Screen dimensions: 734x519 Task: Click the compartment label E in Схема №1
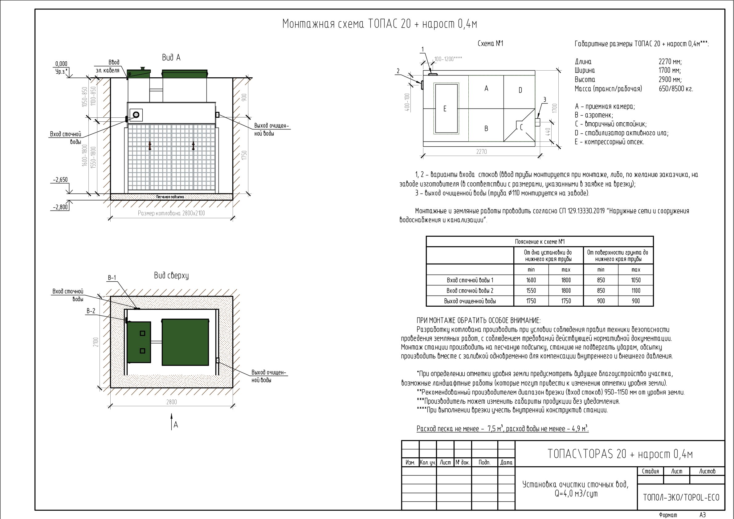click(x=445, y=109)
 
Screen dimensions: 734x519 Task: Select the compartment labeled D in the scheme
click(x=520, y=90)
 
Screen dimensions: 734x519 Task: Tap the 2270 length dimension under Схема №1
click(x=481, y=152)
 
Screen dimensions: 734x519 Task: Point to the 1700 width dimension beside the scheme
click(x=555, y=108)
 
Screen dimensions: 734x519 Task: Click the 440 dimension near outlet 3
click(x=548, y=132)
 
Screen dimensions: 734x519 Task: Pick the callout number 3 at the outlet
click(x=545, y=100)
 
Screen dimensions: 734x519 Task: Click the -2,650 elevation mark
click(x=61, y=180)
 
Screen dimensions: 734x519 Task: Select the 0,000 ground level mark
click(x=61, y=63)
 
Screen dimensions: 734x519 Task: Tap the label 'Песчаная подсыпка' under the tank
click(x=170, y=197)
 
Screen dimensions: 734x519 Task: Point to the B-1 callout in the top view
click(x=112, y=278)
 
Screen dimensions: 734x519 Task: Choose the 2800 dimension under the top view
click(x=171, y=402)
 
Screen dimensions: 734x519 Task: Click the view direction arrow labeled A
click(x=172, y=421)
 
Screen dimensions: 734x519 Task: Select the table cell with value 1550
click(x=531, y=291)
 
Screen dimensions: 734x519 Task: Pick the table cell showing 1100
click(x=636, y=291)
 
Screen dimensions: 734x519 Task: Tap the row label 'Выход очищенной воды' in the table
click(x=470, y=301)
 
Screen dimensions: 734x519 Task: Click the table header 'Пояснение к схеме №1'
click(x=540, y=242)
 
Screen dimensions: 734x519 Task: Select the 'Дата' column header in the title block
click(x=506, y=462)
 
